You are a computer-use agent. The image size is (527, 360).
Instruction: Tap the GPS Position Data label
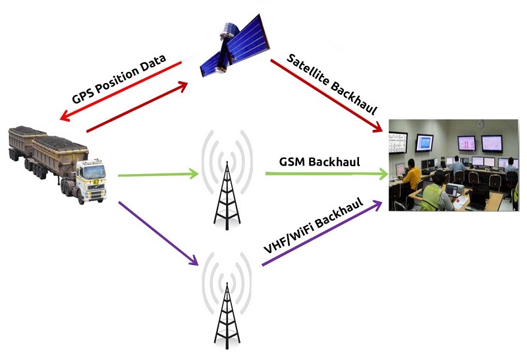tap(119, 78)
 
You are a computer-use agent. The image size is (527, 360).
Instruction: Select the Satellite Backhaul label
tap(332, 84)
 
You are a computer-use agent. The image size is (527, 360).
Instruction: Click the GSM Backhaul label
tap(319, 162)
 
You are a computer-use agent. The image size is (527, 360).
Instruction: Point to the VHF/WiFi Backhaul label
tap(314, 225)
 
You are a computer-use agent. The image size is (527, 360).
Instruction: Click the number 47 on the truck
tap(96, 182)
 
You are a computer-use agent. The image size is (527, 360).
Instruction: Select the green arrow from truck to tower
tap(158, 175)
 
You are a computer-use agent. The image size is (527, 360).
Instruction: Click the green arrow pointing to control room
tap(327, 173)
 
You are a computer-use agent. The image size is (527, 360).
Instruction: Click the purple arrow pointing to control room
tap(322, 233)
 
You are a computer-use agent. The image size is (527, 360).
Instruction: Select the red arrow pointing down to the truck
tap(121, 91)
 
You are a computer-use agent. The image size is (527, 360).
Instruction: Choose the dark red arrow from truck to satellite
tap(137, 106)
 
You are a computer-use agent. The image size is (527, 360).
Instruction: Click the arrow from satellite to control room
tap(327, 96)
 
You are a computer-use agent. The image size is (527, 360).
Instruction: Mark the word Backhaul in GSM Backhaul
tap(334, 162)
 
